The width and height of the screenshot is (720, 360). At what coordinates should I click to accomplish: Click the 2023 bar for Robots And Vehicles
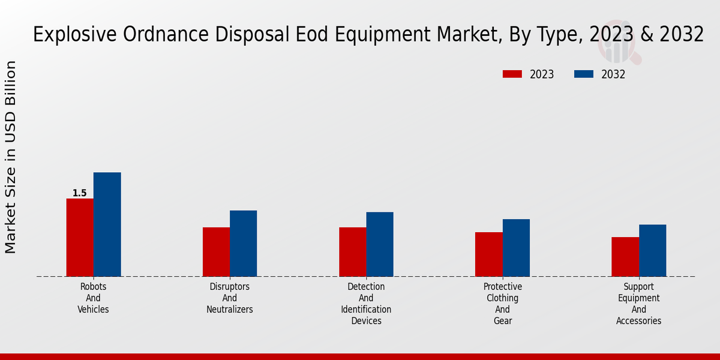80,238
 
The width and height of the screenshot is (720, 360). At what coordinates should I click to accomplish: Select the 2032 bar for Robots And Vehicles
107,224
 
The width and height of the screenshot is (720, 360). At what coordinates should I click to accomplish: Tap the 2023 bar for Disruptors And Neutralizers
216,252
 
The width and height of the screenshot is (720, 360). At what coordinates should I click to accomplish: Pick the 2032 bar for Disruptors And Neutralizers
243,244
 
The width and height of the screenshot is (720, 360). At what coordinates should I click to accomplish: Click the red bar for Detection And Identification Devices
352,252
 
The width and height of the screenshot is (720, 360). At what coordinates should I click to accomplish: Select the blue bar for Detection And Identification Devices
380,244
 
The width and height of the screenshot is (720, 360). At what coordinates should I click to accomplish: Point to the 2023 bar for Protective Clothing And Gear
488,254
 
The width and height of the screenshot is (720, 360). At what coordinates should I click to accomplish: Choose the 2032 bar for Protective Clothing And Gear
516,248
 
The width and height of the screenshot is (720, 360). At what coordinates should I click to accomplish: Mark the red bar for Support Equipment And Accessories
625,257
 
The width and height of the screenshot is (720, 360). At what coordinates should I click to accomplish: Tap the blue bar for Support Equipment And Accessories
652,251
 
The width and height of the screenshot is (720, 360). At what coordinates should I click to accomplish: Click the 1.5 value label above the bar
79,193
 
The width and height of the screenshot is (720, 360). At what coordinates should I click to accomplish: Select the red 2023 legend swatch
512,74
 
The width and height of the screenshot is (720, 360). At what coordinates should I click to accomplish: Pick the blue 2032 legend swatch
584,74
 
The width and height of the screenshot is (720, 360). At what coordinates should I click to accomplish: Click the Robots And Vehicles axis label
93,298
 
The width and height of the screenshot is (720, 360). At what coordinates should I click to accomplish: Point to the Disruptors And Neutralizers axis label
230,298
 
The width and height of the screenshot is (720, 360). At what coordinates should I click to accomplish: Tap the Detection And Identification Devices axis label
366,304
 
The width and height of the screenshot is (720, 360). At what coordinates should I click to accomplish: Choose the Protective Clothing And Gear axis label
503,304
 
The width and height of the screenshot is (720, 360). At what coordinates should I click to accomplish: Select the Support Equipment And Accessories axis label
639,304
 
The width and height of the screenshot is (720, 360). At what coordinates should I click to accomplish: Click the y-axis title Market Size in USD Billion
11,157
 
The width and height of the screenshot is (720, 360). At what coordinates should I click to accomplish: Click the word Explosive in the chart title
68,35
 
